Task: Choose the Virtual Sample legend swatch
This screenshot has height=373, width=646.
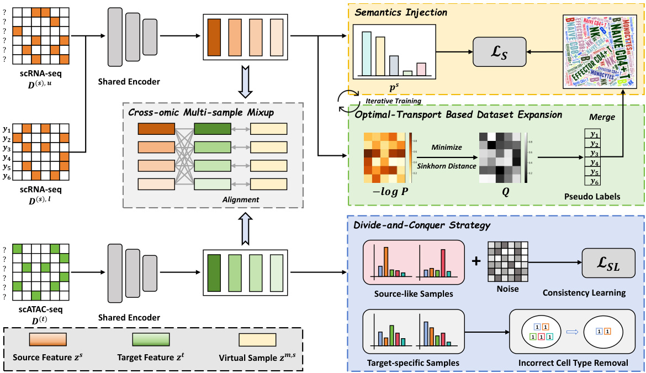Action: click(x=257, y=339)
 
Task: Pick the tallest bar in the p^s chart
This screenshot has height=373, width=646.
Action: click(x=366, y=53)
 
